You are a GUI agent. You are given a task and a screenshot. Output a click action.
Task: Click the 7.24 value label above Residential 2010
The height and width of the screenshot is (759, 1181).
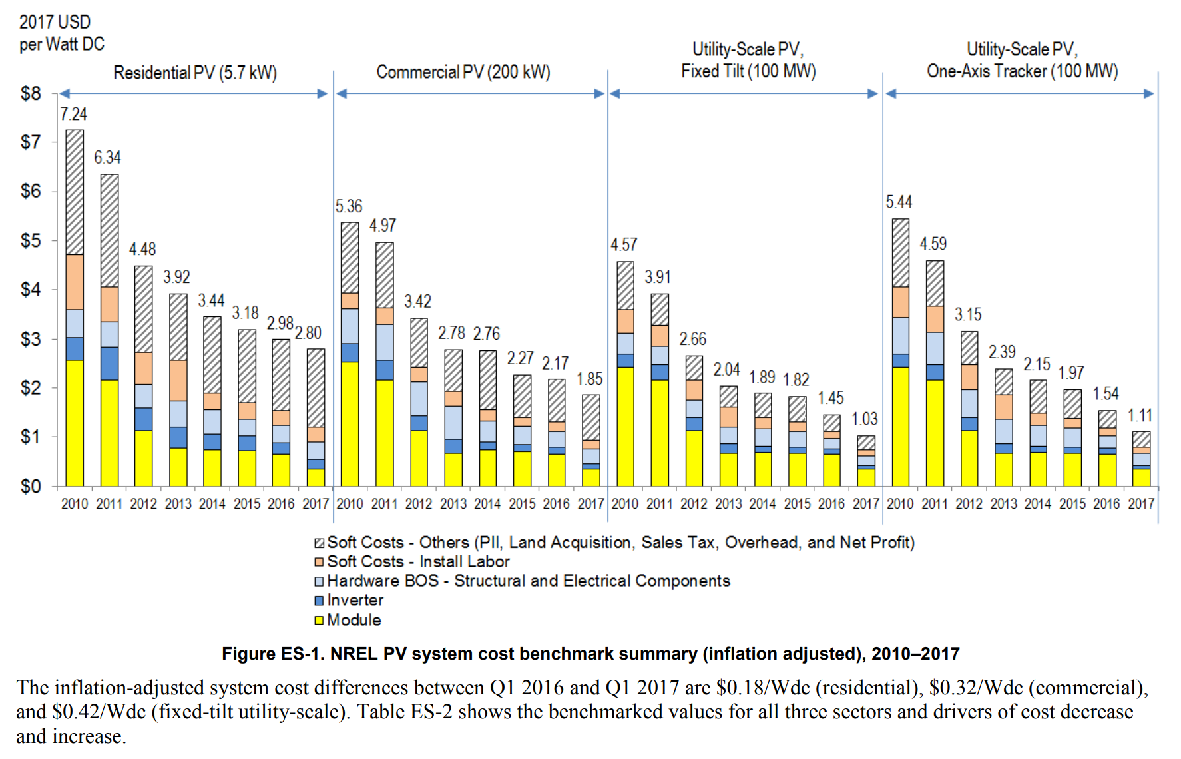[73, 114]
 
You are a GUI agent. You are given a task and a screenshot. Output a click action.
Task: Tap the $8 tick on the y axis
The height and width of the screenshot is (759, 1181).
[31, 94]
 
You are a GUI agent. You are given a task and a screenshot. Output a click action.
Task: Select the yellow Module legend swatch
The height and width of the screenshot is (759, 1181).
[319, 621]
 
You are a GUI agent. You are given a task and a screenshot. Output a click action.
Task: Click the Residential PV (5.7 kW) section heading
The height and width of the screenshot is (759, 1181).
[195, 72]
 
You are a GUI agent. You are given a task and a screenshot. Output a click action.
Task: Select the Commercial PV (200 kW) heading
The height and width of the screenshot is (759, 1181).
[463, 72]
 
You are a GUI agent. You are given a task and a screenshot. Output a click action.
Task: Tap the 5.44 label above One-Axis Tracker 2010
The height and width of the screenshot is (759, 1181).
[899, 202]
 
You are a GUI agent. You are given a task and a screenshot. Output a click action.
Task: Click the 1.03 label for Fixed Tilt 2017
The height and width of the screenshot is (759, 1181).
[864, 419]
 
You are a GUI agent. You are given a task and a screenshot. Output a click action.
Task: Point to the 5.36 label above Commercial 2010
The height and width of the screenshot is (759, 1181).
[349, 206]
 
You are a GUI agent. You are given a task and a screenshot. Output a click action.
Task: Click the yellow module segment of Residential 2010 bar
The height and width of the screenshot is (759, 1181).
[75, 423]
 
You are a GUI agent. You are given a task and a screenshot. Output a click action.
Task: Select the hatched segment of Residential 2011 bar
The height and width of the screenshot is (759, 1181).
[109, 230]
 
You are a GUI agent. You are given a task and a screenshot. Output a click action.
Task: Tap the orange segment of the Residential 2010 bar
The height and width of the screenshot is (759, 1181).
[75, 282]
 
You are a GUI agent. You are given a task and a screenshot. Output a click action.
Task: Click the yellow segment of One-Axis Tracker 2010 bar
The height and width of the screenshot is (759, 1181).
[900, 426]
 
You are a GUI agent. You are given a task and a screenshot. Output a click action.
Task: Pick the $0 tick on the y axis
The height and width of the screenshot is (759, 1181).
[31, 487]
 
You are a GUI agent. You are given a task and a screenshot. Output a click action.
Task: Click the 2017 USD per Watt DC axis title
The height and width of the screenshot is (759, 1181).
[61, 33]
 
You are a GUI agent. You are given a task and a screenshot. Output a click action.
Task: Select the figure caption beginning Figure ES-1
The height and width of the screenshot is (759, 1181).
[590, 654]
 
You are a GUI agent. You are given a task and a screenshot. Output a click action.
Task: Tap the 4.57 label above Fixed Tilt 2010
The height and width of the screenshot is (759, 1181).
[624, 245]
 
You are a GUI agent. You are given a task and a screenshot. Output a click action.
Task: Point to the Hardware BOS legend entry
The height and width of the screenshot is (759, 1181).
[528, 581]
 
